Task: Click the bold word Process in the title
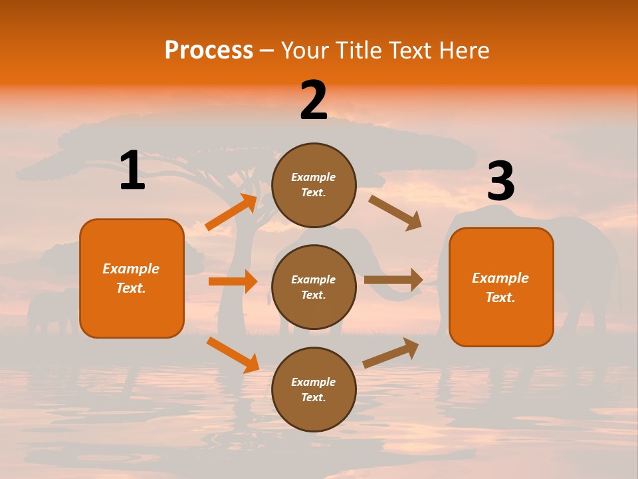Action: click(x=209, y=50)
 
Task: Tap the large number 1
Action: click(x=132, y=171)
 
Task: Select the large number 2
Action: click(x=314, y=100)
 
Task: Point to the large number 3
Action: click(x=500, y=182)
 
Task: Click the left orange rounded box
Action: click(x=132, y=278)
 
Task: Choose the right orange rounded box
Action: click(x=501, y=287)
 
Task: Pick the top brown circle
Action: click(x=314, y=185)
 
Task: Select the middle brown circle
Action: click(x=314, y=287)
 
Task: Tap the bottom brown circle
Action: click(x=314, y=389)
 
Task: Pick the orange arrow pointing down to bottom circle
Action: click(x=233, y=355)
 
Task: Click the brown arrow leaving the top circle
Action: click(x=395, y=212)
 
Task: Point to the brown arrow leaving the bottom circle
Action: click(x=391, y=353)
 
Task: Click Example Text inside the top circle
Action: click(x=314, y=185)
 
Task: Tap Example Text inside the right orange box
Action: click(x=500, y=287)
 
